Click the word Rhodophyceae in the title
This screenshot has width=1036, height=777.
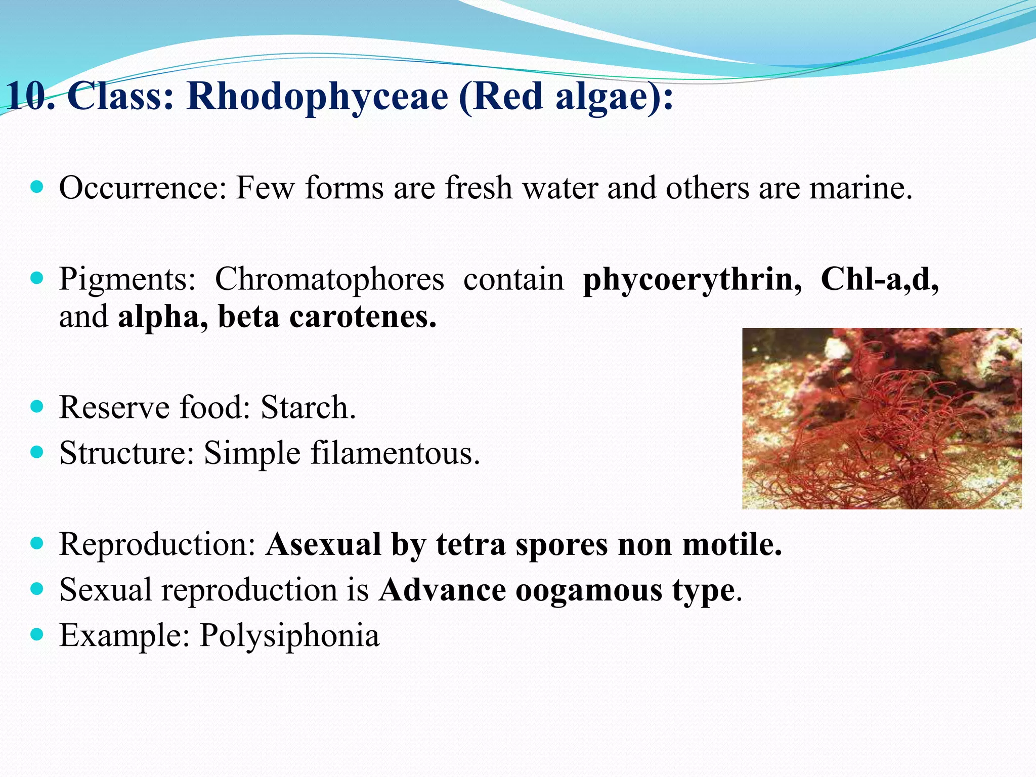(317, 96)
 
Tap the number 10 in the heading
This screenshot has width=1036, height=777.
(28, 96)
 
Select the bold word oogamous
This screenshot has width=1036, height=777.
(588, 590)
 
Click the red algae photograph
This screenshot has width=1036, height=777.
(881, 418)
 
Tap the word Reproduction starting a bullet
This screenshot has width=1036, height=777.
(157, 544)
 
